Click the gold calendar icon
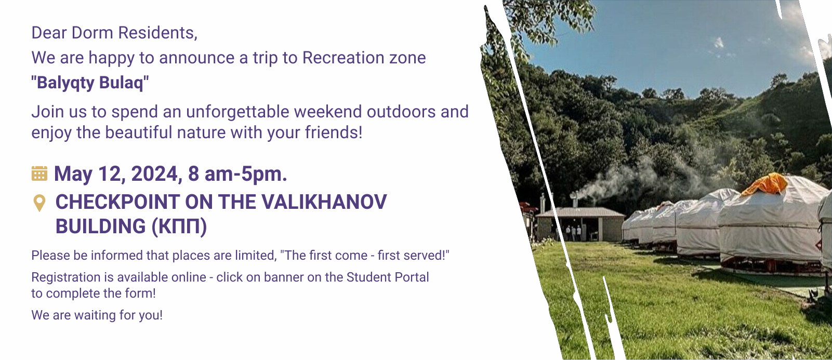coord(39,174)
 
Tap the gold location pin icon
coord(39,203)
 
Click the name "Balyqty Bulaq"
coord(90,83)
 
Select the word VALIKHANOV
coord(324,202)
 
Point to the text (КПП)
coord(179,226)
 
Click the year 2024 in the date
coord(154,174)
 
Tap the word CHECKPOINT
coord(118,202)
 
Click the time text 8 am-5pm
coord(237,174)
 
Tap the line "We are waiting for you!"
coord(97,315)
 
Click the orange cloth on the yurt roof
coord(764,184)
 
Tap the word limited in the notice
coord(256,256)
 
